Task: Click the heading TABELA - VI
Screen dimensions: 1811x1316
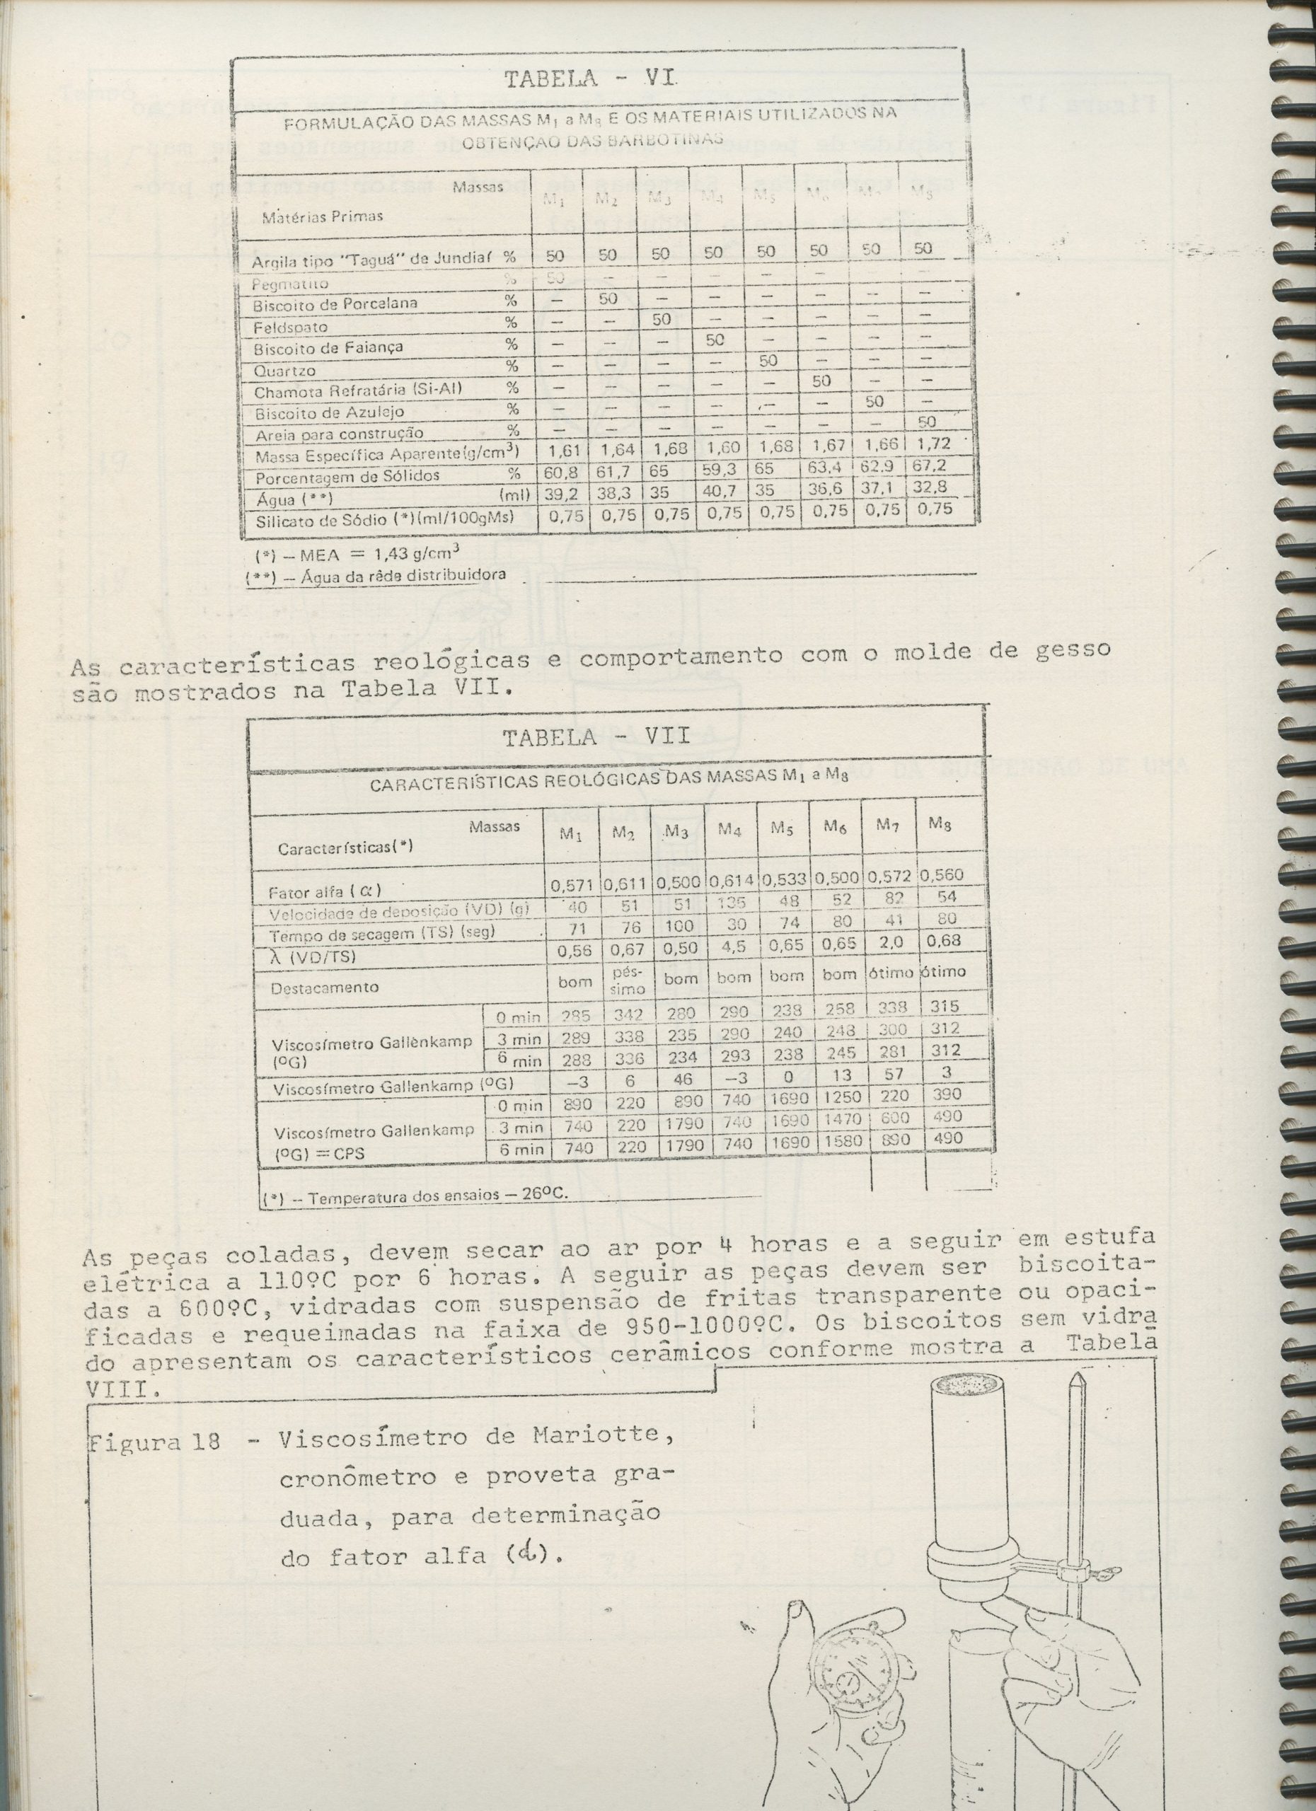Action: coord(591,79)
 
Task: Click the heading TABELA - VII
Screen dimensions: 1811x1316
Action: coord(596,736)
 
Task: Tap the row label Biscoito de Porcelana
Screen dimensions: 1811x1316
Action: coord(335,304)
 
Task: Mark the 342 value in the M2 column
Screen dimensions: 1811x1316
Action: coord(627,1014)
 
